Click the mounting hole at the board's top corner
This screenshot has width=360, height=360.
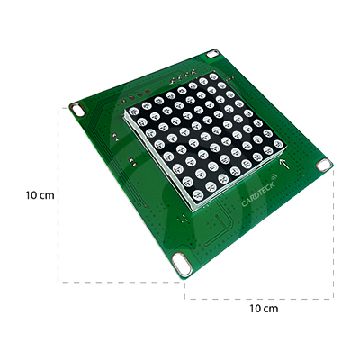pyautogui.click(x=212, y=54)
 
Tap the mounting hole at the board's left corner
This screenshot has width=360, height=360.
pyautogui.click(x=78, y=110)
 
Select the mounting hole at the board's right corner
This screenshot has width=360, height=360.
pyautogui.click(x=324, y=166)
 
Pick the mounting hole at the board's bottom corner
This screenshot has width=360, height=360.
pyautogui.click(x=183, y=264)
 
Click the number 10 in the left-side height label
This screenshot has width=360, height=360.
pyautogui.click(x=32, y=195)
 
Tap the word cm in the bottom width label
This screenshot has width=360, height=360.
pyautogui.click(x=271, y=309)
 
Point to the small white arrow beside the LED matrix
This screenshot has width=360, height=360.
pyautogui.click(x=284, y=164)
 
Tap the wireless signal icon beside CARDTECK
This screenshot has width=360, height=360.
pyautogui.click(x=274, y=176)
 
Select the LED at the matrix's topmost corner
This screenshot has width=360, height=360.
pyautogui.click(x=213, y=76)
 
